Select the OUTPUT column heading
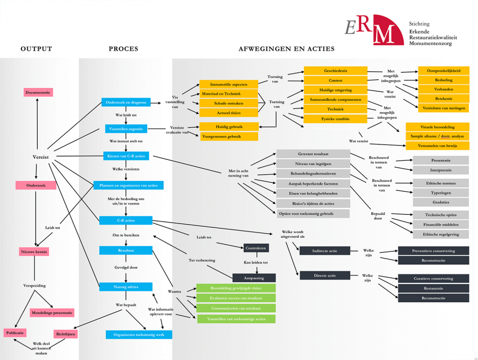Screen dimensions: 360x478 (36, 49)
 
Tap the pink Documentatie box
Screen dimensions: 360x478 (38, 92)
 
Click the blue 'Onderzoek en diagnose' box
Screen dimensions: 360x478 (126, 102)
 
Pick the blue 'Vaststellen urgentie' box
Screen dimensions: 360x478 (126, 128)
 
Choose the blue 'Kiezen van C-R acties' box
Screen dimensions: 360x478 (126, 156)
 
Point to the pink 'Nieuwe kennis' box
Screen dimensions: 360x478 (34, 252)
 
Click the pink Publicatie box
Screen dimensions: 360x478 (15, 333)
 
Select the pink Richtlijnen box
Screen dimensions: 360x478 (65, 335)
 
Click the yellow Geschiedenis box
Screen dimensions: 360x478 (335, 71)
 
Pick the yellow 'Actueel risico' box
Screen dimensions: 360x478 (228, 113)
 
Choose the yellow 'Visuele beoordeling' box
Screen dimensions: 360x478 (437, 127)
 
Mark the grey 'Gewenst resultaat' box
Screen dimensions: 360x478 (313, 153)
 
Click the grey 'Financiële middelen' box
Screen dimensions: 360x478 (441, 225)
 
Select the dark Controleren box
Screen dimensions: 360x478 (256, 247)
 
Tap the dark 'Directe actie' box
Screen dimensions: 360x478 (325, 276)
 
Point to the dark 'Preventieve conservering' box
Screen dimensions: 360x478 (433, 251)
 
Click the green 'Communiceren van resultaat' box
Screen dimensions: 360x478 (236, 308)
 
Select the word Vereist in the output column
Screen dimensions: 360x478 (40, 157)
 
